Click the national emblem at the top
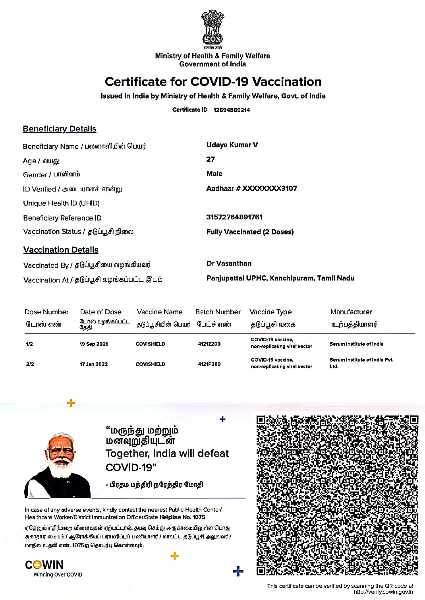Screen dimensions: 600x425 (212, 28)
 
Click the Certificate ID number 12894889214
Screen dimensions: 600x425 (232, 110)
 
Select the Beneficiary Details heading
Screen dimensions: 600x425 (60, 129)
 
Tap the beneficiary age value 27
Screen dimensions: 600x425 (211, 159)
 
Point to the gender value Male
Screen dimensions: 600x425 (214, 174)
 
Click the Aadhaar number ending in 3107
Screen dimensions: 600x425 (251, 188)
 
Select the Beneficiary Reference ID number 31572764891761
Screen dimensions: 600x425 (234, 217)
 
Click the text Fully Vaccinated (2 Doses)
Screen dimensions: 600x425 (250, 232)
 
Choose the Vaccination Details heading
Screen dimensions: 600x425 (61, 250)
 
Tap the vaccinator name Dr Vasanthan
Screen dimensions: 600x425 (229, 263)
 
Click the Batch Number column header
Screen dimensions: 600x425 (218, 312)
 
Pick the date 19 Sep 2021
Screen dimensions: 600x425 (94, 344)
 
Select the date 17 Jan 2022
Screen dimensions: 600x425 (94, 364)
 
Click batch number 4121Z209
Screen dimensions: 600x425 (209, 344)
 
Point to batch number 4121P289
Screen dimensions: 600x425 (209, 364)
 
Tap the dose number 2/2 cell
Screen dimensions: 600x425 (30, 364)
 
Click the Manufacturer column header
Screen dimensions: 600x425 (351, 312)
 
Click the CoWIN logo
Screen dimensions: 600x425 (44, 565)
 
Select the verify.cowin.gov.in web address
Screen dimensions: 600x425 (383, 592)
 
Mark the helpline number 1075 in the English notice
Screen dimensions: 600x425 (199, 517)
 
